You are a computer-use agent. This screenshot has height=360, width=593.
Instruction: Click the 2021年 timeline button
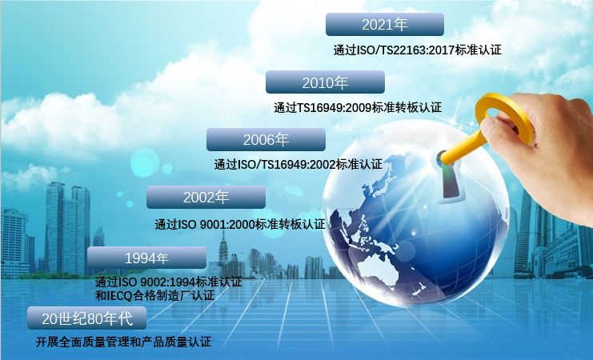coord(385,25)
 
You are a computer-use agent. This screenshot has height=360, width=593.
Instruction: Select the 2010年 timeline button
coord(325,82)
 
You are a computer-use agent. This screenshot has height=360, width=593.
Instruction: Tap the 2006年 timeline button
coord(266,139)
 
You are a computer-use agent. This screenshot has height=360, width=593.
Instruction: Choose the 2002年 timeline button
coord(206,197)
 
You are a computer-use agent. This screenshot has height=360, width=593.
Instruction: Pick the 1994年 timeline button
coord(146,258)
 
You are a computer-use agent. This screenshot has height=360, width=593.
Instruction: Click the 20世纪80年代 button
coord(87,318)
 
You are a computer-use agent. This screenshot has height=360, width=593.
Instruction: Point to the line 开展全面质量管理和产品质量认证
coord(124,342)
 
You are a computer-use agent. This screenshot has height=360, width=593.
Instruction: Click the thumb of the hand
coord(499,130)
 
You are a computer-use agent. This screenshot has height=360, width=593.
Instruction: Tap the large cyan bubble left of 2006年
coord(145,163)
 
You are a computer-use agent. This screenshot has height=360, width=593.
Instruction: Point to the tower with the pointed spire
coord(223,251)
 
